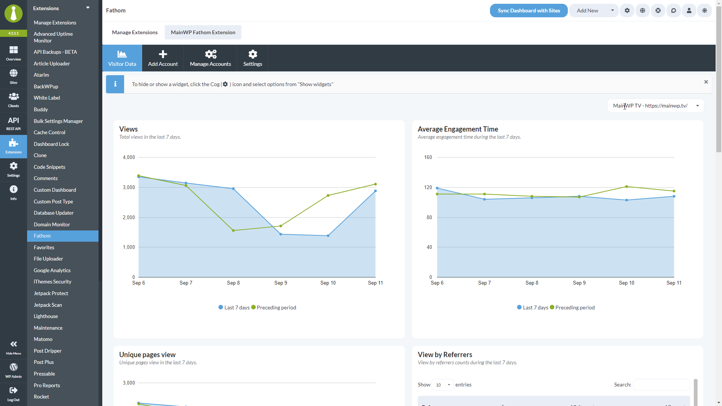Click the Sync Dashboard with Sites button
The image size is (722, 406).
tap(529, 11)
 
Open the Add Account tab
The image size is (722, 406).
tap(163, 58)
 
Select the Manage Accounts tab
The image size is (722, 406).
tap(210, 58)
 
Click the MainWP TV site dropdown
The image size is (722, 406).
tap(655, 106)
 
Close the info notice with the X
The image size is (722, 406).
tap(706, 82)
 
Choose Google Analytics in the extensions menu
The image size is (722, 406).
tap(52, 270)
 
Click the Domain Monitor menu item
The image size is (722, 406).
tap(52, 224)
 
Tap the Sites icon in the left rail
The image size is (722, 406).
tap(14, 77)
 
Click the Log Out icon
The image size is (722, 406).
tap(14, 394)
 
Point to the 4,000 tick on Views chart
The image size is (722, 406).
tap(129, 157)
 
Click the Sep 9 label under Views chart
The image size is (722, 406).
tap(281, 283)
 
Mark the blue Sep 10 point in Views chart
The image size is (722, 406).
tap(328, 236)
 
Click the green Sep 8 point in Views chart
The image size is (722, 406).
tap(234, 230)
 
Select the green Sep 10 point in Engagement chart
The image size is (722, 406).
tap(626, 186)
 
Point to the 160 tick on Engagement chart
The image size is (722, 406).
tap(428, 157)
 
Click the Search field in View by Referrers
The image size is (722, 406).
tap(661, 385)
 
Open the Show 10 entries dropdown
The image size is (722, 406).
tap(443, 385)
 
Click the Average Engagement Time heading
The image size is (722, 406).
tap(458, 129)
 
